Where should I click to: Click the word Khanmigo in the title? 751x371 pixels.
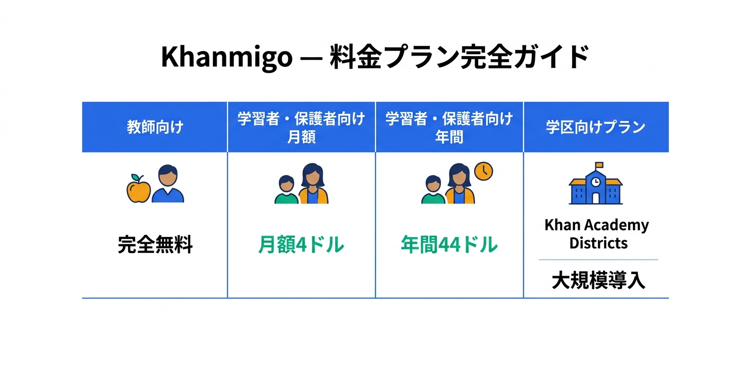tap(226, 57)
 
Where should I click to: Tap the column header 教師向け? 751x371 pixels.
tap(155, 127)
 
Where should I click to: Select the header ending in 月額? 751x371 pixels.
tap(301, 127)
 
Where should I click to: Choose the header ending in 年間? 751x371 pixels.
tap(449, 127)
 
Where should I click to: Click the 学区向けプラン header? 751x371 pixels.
tap(596, 127)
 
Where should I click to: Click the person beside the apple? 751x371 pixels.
tap(169, 184)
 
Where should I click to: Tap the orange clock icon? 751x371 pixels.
tap(483, 171)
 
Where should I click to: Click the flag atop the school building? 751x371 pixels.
tap(599, 165)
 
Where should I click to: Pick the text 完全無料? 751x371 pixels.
tap(155, 245)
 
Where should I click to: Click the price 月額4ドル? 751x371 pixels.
tap(301, 245)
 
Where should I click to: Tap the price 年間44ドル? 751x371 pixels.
tap(449, 245)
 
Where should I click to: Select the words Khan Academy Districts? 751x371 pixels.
tap(597, 234)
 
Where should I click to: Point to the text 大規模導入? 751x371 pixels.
tap(598, 281)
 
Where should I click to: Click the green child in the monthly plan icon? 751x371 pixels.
tap(286, 191)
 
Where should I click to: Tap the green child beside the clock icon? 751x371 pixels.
tap(433, 191)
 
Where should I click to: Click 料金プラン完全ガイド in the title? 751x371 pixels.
tap(456, 57)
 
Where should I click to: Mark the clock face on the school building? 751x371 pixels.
tap(595, 182)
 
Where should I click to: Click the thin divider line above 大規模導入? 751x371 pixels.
tap(598, 260)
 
